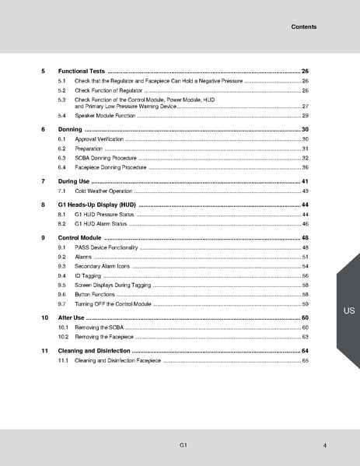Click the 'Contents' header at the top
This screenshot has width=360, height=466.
point(302,27)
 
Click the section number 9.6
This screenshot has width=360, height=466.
point(61,296)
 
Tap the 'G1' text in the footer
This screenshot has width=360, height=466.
point(181,443)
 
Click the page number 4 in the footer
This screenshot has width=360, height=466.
point(323,444)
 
